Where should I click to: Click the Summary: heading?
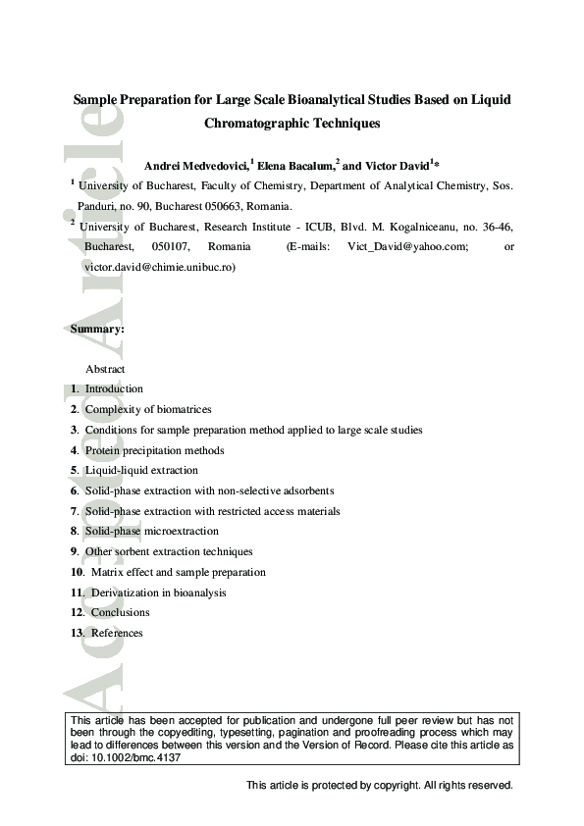point(97,330)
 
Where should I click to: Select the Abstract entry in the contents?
point(105,369)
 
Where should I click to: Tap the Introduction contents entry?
point(114,389)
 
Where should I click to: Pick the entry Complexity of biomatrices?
point(148,409)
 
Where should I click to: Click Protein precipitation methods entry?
point(154,450)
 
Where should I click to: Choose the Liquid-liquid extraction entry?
point(141,471)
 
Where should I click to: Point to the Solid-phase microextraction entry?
point(151,532)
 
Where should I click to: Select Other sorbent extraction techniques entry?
point(169,552)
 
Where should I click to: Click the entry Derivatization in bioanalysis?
point(158,593)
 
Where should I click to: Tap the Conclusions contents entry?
point(120,613)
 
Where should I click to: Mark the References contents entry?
point(117,634)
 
